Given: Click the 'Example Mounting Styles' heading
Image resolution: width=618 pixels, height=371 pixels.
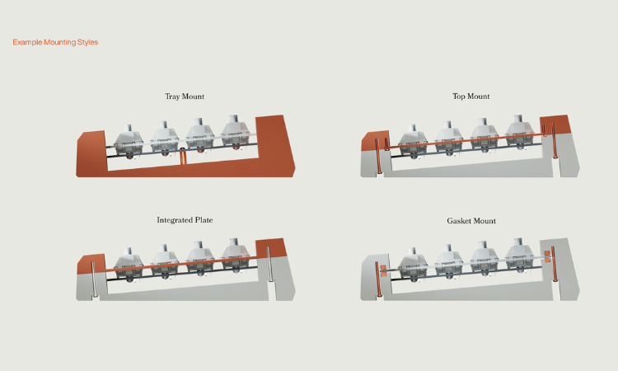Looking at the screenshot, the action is point(55,42).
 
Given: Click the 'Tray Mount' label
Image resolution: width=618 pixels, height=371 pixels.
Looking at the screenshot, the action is point(185,96).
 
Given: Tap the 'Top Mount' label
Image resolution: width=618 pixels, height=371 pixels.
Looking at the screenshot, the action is point(471,96).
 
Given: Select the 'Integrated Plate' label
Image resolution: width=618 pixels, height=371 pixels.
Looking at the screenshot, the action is point(185,220).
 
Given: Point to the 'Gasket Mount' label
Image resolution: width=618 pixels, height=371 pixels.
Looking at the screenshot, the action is point(471,221).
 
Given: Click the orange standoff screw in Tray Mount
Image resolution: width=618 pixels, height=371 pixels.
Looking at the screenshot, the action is point(182,156).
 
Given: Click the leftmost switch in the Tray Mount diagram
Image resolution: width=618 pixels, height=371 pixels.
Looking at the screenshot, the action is point(129,141).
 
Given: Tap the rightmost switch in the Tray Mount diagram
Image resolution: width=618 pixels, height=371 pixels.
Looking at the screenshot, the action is point(236,133).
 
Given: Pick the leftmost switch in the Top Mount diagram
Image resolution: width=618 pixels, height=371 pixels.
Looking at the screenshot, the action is point(413,141).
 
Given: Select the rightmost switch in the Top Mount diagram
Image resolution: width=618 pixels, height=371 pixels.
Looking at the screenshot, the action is point(519,133).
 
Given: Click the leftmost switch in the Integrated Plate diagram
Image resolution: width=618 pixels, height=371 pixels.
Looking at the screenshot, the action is point(129,265).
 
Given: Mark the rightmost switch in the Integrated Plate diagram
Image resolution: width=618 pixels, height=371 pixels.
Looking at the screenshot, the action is point(236,256).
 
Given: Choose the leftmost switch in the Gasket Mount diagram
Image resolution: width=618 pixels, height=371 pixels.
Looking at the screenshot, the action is point(413,265).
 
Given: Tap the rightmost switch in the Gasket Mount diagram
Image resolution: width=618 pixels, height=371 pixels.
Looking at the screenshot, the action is point(519,256).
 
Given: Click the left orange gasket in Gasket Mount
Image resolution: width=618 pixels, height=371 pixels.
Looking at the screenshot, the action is point(383,271).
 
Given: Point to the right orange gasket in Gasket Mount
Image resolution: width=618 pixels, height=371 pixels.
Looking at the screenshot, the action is point(547,256).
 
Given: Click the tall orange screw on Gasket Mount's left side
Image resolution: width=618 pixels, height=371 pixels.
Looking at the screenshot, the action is point(377,279).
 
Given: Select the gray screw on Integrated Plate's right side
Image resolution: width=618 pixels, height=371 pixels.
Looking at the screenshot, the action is point(269,264).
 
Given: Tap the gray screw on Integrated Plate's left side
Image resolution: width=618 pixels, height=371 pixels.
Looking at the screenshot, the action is point(94,279).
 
